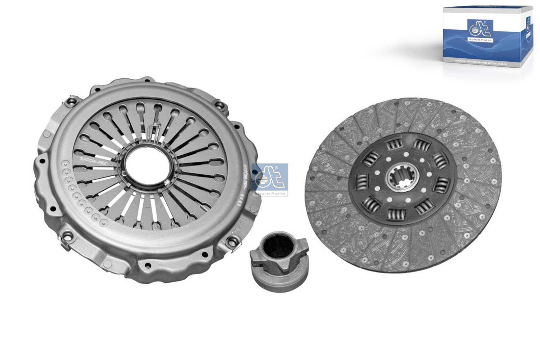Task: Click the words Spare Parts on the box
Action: coord(480,40)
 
